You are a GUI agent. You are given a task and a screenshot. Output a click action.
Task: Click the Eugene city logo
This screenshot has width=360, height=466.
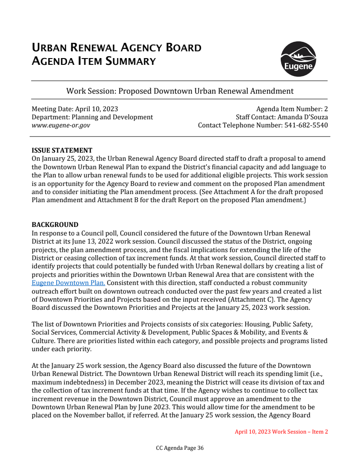pyautogui.click(x=298, y=59)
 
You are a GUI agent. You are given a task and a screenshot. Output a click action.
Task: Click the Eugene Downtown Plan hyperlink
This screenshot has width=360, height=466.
pyautogui.click(x=68, y=283)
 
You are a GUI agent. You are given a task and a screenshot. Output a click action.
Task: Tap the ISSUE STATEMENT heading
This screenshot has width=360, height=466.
pyautogui.click(x=62, y=150)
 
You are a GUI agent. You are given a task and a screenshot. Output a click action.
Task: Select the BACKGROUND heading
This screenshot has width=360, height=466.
pyautogui.click(x=55, y=225)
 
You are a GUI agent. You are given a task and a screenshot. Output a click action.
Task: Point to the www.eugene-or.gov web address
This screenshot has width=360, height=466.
pyautogui.click(x=61, y=125)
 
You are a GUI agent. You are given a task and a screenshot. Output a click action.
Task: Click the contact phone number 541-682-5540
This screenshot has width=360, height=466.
pyautogui.click(x=306, y=125)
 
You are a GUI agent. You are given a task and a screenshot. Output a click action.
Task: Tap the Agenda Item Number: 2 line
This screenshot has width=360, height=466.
pyautogui.click(x=292, y=109)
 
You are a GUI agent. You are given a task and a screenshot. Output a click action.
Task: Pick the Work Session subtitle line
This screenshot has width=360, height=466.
pyautogui.click(x=180, y=91)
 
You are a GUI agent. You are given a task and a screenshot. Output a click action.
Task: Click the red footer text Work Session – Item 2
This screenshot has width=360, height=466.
pyautogui.click(x=281, y=431)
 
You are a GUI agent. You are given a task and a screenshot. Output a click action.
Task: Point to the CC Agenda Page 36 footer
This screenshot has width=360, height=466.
pyautogui.click(x=180, y=448)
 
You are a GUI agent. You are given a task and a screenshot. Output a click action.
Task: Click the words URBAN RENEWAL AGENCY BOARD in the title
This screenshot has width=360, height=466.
pyautogui.click(x=117, y=48)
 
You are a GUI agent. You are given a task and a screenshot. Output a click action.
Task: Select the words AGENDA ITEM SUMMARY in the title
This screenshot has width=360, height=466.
pyautogui.click(x=94, y=61)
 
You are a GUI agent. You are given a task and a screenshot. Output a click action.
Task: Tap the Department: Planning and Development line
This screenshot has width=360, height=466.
pyautogui.click(x=92, y=117)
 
